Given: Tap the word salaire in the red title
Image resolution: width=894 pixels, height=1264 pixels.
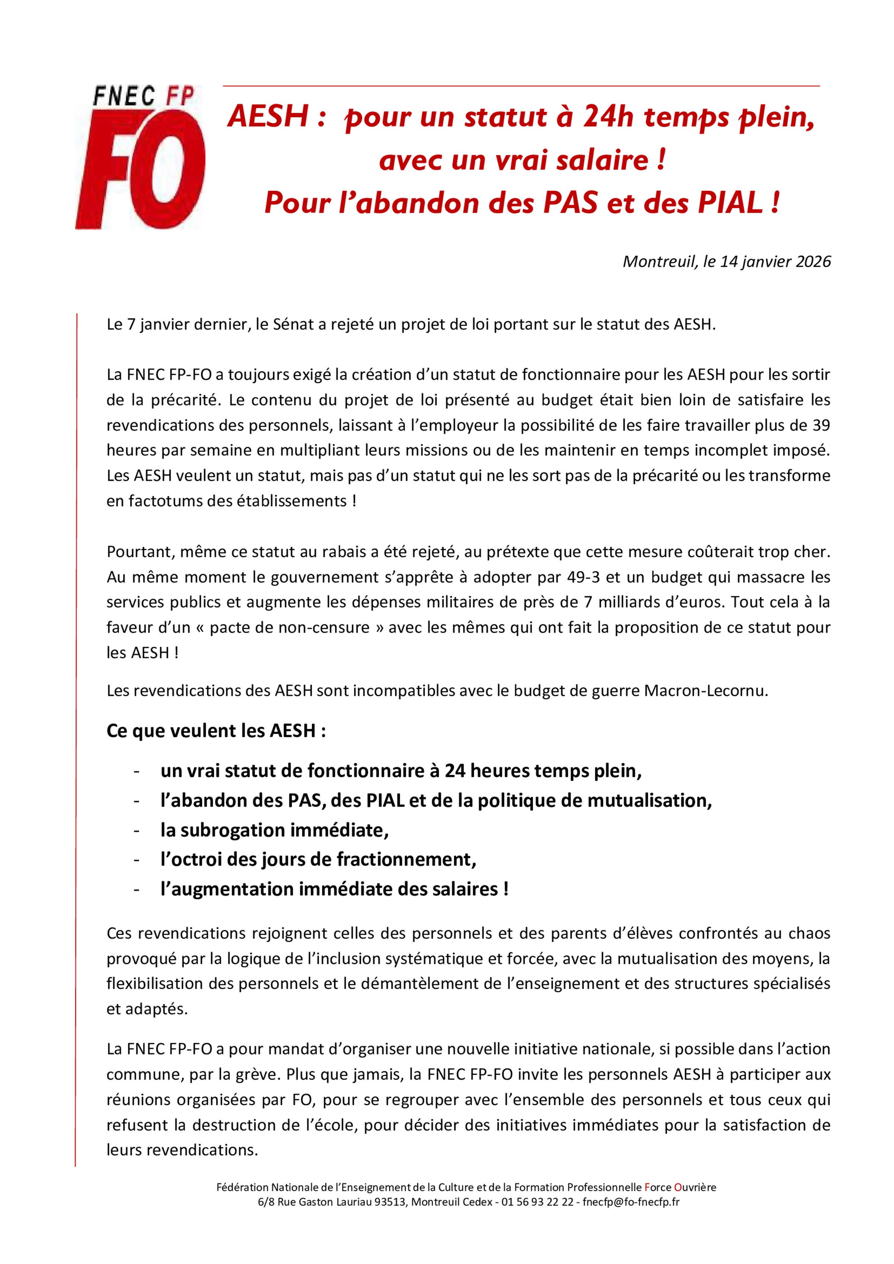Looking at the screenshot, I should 602,161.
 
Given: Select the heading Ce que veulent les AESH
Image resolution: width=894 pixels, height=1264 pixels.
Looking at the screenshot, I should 216,731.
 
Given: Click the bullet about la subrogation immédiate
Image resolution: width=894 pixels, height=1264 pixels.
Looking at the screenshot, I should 274,830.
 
